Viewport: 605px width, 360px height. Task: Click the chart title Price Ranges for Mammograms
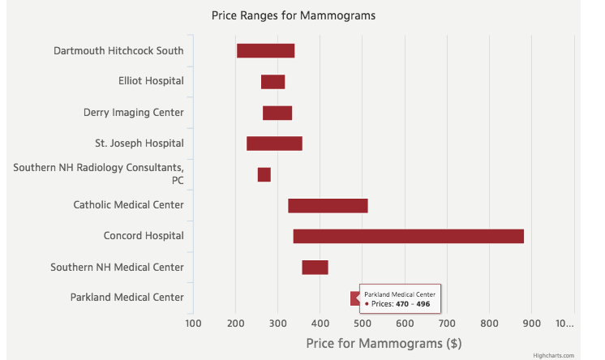(293, 15)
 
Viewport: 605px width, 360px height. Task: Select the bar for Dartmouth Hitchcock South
(265, 50)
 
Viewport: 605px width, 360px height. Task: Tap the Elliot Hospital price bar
(272, 81)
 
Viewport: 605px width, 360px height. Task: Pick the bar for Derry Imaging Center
(277, 113)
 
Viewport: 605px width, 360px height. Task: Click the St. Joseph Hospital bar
(274, 144)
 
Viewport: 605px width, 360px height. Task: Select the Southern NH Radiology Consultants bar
(264, 174)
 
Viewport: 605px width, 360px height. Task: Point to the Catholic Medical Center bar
(328, 205)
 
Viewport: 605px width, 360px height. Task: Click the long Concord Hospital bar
(408, 236)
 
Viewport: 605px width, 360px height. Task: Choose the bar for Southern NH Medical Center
(315, 267)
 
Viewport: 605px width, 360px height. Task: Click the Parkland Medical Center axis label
(127, 298)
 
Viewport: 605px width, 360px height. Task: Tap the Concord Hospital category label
(144, 236)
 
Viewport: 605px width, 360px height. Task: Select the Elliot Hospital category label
(151, 81)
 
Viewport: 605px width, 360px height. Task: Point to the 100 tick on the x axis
(193, 324)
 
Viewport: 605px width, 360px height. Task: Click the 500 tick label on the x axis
(362, 324)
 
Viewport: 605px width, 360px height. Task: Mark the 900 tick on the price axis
(531, 324)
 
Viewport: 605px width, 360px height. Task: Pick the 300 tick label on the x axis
(277, 324)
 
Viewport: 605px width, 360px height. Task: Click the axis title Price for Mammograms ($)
(384, 343)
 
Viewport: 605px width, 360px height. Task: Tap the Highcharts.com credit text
(553, 355)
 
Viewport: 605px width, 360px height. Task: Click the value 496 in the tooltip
(423, 304)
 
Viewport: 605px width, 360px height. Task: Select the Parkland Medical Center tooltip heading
(400, 294)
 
